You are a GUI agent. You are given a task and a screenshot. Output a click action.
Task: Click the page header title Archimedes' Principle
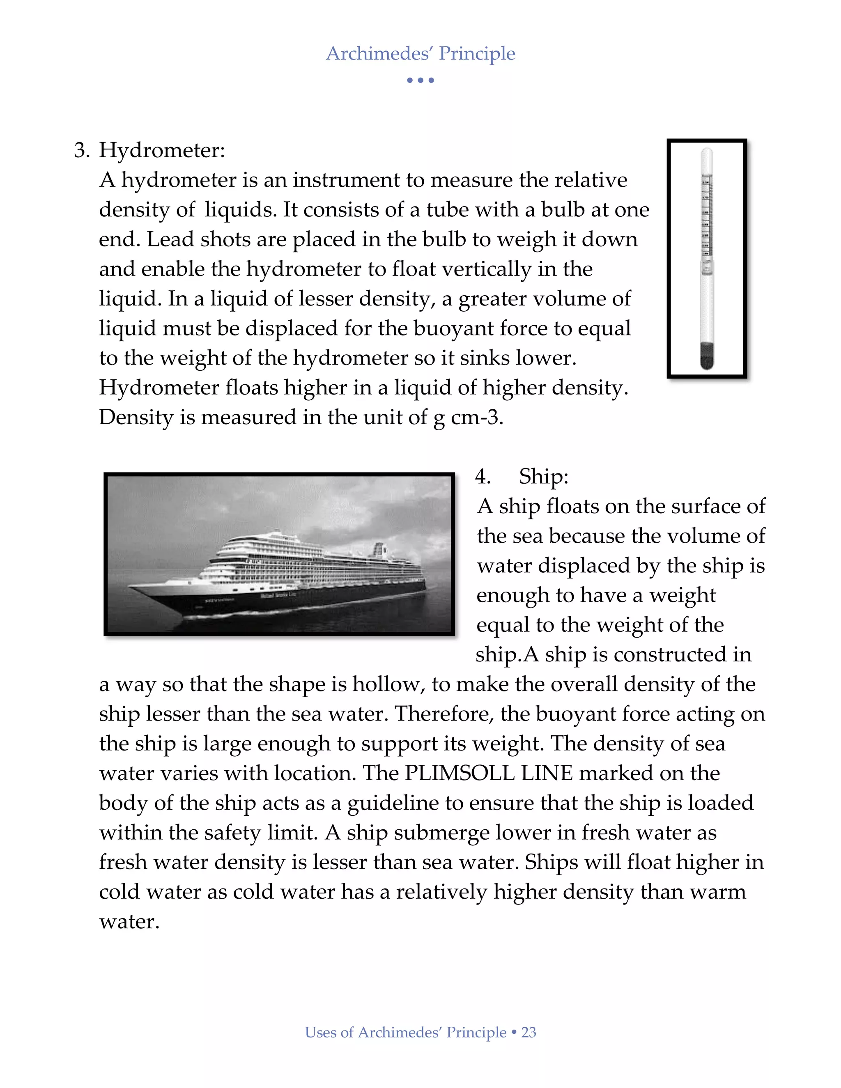click(420, 53)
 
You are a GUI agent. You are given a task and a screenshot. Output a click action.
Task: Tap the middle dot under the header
click(420, 80)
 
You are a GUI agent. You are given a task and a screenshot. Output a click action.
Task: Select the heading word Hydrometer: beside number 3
click(162, 150)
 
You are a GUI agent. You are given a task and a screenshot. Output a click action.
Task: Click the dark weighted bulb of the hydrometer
click(706, 355)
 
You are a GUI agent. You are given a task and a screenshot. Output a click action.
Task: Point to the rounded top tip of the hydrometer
click(706, 151)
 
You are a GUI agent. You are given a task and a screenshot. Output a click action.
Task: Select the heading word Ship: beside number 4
click(544, 476)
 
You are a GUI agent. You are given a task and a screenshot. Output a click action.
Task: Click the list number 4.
click(482, 476)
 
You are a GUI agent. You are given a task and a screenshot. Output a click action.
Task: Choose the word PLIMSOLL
click(460, 773)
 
